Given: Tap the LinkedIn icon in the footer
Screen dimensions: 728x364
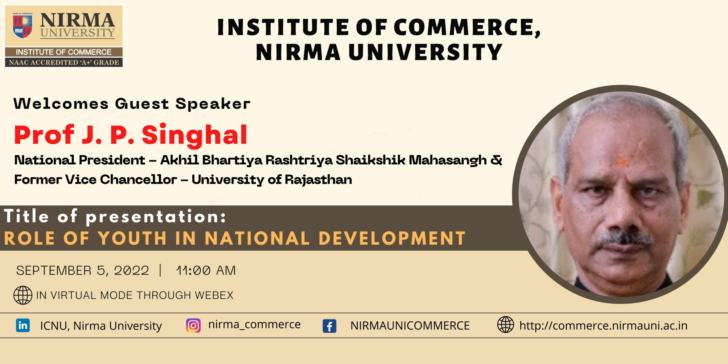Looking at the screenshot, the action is point(23,325).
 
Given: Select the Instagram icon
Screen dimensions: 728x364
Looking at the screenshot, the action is point(193,325).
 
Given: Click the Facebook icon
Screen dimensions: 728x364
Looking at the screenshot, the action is point(329,326).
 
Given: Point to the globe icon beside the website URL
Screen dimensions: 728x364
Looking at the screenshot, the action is point(505,324).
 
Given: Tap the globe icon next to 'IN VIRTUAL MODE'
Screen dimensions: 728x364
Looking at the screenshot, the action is point(23,295).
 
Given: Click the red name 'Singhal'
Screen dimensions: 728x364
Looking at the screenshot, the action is point(195,135).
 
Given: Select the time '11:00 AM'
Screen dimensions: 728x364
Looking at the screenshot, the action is point(206,270).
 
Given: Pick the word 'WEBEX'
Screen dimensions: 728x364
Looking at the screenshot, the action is point(214,295).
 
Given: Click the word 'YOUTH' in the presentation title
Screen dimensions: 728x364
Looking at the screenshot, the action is point(132,238).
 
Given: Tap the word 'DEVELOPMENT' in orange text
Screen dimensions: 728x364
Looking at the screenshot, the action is point(392,238).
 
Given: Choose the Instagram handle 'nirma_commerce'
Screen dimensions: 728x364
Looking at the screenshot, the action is point(254,324).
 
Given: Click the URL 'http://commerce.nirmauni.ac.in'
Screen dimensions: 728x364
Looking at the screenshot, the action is point(603,326).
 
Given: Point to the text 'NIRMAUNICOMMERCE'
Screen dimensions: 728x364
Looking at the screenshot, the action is point(410,326).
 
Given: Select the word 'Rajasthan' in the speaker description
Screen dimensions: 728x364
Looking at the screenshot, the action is point(318,180).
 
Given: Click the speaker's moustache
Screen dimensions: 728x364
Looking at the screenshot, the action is point(624,239).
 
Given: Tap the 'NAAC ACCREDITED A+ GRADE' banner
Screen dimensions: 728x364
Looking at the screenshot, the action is point(64,62).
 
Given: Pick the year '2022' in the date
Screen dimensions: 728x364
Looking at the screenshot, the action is point(131,270).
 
